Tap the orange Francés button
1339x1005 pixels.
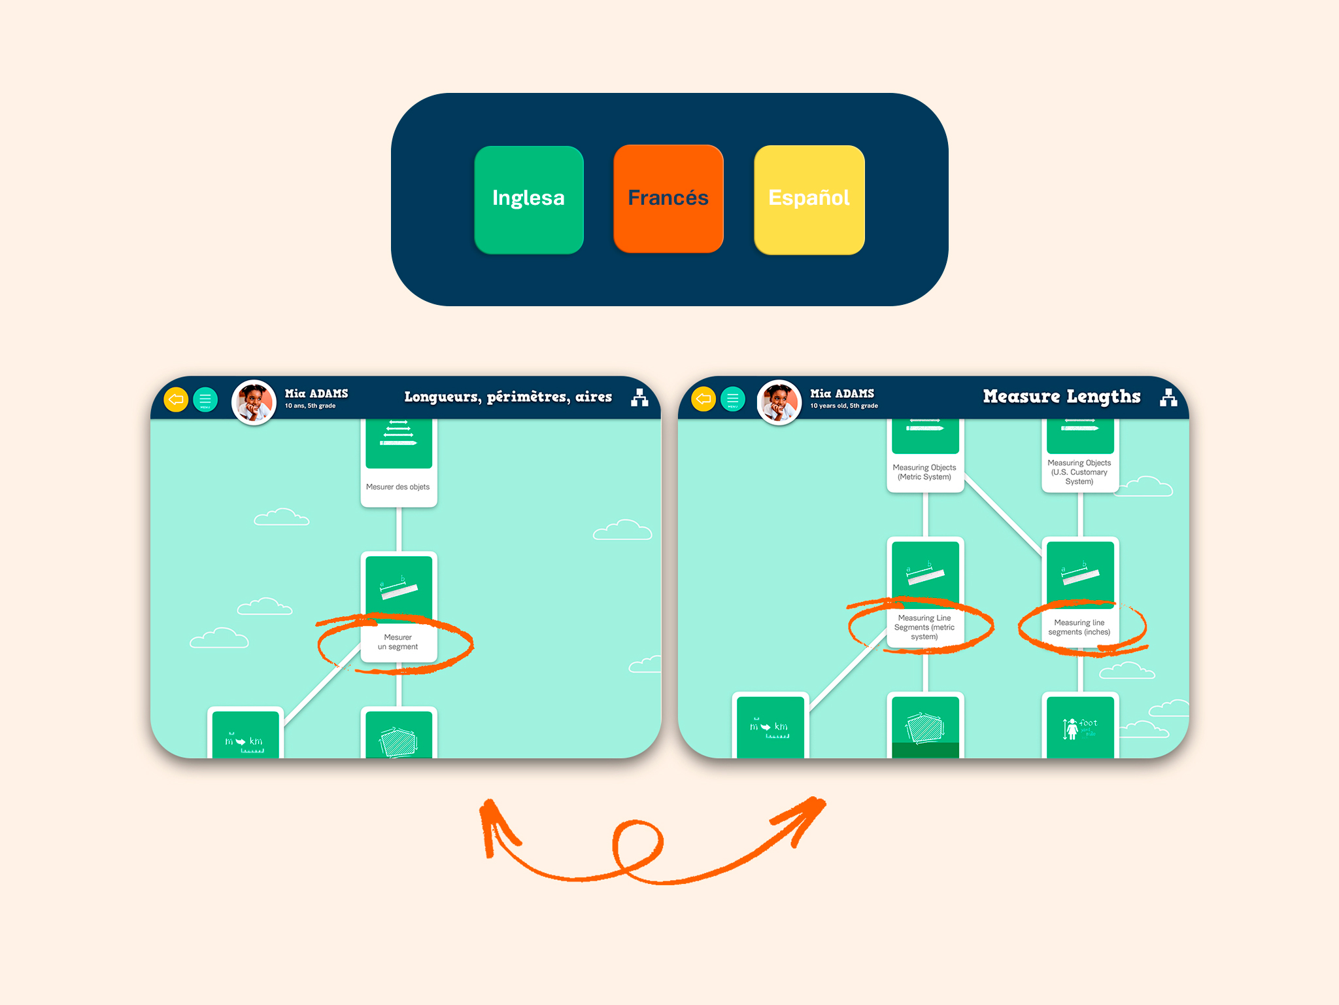(x=668, y=199)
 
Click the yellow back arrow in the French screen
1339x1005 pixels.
(x=176, y=399)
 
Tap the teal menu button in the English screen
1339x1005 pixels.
(x=732, y=399)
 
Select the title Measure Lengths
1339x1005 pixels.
(x=1061, y=397)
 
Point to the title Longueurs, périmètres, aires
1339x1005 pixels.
(x=508, y=397)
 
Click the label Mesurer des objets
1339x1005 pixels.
(x=398, y=487)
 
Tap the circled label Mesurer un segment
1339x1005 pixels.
(x=398, y=642)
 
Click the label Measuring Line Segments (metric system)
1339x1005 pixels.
(x=924, y=627)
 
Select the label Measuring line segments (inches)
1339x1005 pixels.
(x=1079, y=627)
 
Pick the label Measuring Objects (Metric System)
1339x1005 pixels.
(x=924, y=472)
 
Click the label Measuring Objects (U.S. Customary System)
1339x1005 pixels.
(x=1079, y=472)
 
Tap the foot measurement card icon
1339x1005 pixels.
(x=1079, y=727)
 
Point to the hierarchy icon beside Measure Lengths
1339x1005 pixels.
(x=1168, y=397)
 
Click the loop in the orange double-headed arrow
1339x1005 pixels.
(x=637, y=845)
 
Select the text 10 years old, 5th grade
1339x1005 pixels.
(x=843, y=406)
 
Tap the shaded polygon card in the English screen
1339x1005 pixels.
(x=924, y=726)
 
